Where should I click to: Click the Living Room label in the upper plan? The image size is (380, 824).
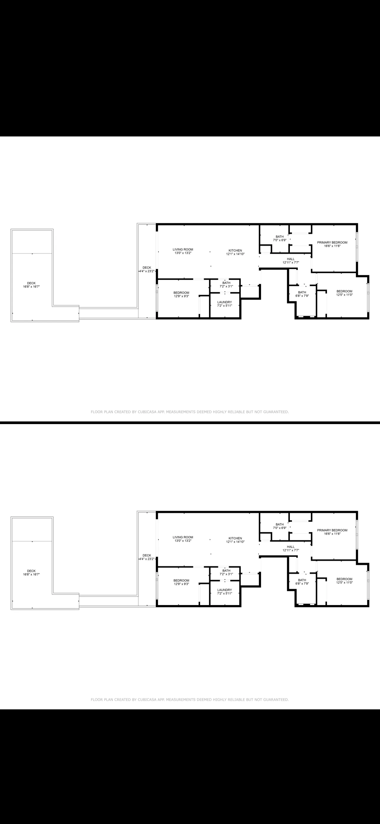(x=183, y=250)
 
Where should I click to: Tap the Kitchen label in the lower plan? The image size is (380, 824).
(x=235, y=538)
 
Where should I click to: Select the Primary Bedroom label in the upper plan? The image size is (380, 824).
(x=332, y=243)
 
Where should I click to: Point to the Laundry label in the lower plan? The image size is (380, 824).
(x=224, y=590)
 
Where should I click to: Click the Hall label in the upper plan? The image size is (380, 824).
(x=290, y=259)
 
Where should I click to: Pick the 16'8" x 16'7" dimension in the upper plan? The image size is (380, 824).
(x=31, y=287)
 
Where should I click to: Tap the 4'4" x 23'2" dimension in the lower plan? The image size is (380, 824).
(x=147, y=559)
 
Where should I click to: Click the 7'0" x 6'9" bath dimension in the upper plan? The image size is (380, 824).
(x=280, y=240)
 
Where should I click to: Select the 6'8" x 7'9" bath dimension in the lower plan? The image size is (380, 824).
(x=302, y=584)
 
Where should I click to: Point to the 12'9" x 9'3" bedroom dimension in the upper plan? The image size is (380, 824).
(x=181, y=296)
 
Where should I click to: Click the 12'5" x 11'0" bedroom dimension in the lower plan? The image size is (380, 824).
(x=344, y=583)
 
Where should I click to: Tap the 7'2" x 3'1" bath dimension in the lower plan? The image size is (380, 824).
(x=226, y=574)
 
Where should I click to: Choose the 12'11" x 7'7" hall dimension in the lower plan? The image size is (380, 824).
(x=290, y=550)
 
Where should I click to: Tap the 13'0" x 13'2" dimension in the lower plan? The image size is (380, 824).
(x=183, y=541)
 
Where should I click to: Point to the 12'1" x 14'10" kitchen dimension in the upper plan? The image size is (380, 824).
(x=235, y=254)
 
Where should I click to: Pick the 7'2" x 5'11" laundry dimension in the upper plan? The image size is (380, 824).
(x=224, y=306)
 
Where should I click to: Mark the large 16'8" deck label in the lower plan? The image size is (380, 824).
(x=31, y=571)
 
